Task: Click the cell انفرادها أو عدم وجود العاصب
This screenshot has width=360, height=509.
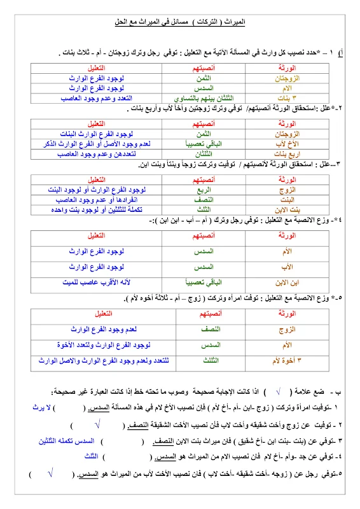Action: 95,200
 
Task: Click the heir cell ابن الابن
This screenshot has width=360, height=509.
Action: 282,282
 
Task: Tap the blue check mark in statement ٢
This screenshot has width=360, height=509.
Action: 97,423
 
